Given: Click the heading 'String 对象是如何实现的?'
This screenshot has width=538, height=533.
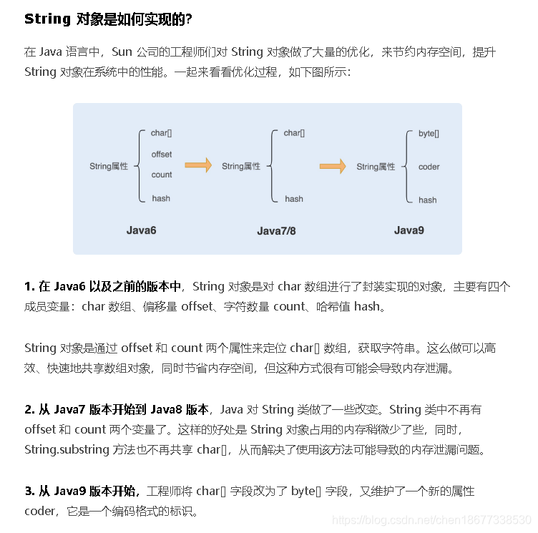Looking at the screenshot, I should [x=108, y=19].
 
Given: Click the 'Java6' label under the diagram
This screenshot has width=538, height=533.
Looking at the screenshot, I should [x=141, y=230].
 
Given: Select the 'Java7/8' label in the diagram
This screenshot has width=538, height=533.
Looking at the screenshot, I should [x=276, y=231].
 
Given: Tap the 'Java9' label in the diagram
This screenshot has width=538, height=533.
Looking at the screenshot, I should [x=409, y=230].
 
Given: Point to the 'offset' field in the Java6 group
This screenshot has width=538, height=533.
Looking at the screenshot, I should [x=162, y=155].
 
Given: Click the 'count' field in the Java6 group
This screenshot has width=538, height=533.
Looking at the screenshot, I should [x=162, y=175].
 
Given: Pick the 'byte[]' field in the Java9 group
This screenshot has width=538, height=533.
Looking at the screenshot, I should [x=429, y=134].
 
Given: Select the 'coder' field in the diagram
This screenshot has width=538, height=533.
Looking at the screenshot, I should [x=429, y=167].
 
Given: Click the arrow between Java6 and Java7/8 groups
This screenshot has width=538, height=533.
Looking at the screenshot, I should [x=198, y=166].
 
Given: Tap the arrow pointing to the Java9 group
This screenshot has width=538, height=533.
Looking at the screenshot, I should [x=333, y=167].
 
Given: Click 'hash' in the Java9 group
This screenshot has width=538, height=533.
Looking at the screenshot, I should [x=427, y=200].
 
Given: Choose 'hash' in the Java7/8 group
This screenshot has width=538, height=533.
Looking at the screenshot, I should [x=293, y=199].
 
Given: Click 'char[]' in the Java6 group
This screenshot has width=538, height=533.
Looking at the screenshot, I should [x=161, y=133].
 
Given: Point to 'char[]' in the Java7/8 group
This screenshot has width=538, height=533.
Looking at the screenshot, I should [x=293, y=133].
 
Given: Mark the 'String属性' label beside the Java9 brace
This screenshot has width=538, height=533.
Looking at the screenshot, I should [x=376, y=167].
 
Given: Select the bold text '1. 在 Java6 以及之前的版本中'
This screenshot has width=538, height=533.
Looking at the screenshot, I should [x=102, y=287].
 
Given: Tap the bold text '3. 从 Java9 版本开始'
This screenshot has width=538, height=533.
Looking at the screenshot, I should [x=82, y=492].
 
